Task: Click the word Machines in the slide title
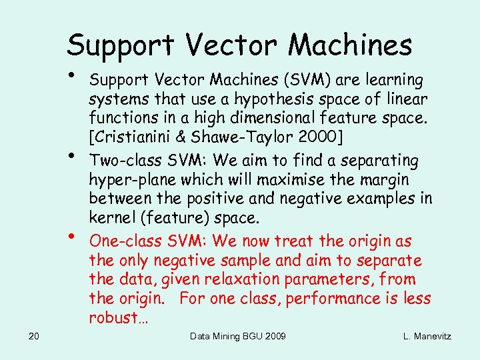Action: point(351,45)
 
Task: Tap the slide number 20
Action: point(35,336)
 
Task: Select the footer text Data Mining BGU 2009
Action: point(238,336)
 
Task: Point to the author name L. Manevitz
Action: point(427,336)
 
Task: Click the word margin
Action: point(383,180)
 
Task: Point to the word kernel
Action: point(110,219)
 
